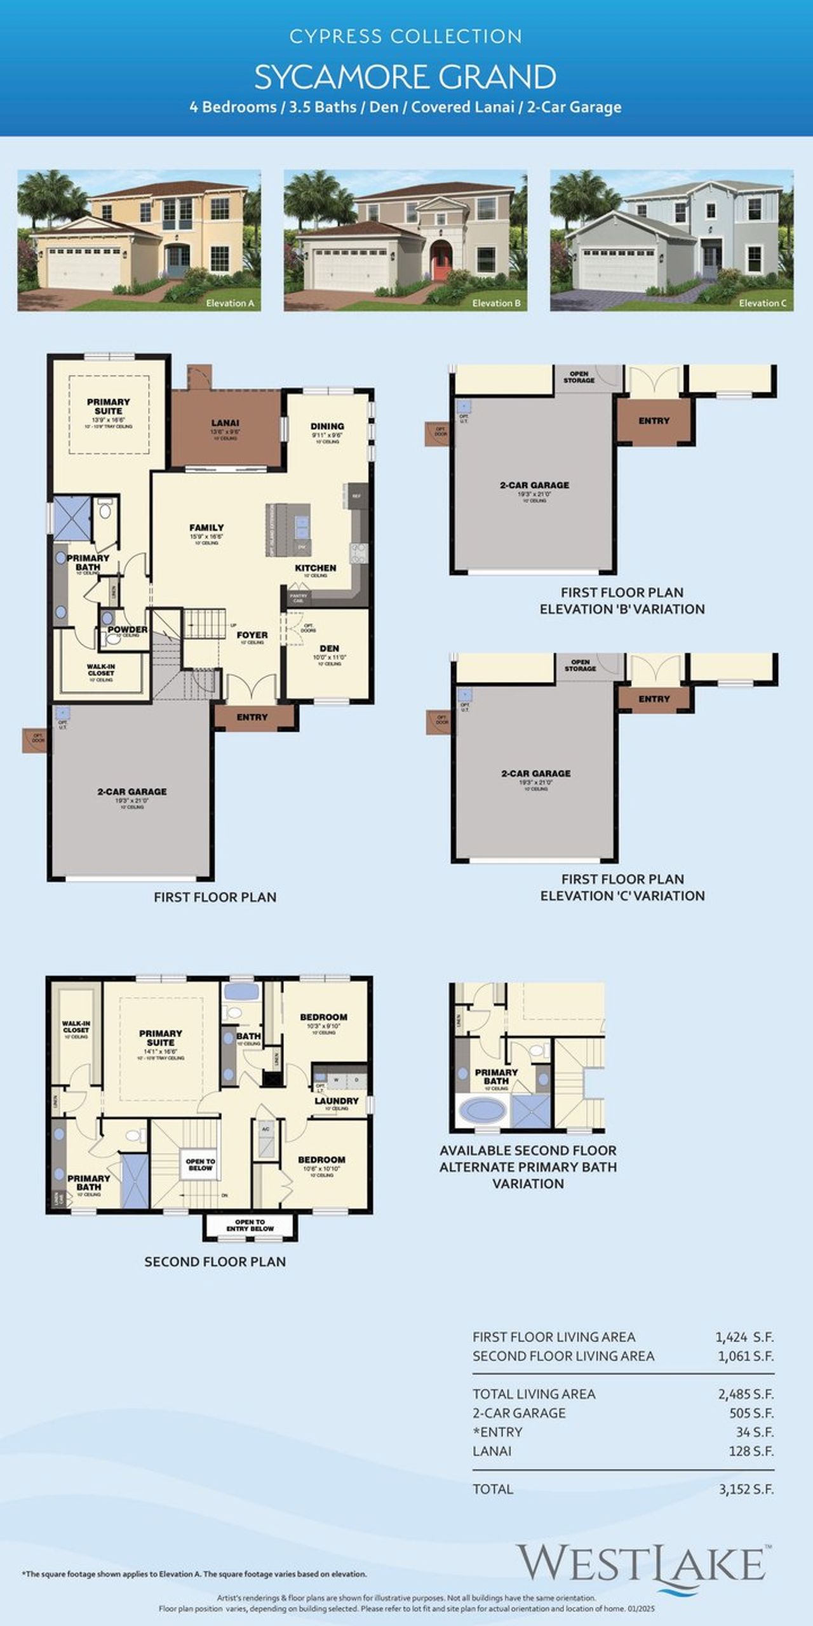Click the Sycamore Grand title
pos(405,77)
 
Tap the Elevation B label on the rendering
pos(496,303)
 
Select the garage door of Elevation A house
pos(84,269)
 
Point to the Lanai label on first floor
pos(225,423)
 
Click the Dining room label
pos(327,426)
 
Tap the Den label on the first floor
pos(329,648)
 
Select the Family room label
pos(206,527)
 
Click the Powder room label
pos(127,629)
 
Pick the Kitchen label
pos(315,568)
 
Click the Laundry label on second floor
pos(337,1100)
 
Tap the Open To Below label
pos(200,1164)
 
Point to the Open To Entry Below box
pos(250,1225)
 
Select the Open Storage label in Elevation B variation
pos(579,377)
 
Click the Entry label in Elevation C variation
pos(654,699)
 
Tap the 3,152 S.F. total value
pos(746,1489)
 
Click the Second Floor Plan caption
pos(215,1261)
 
